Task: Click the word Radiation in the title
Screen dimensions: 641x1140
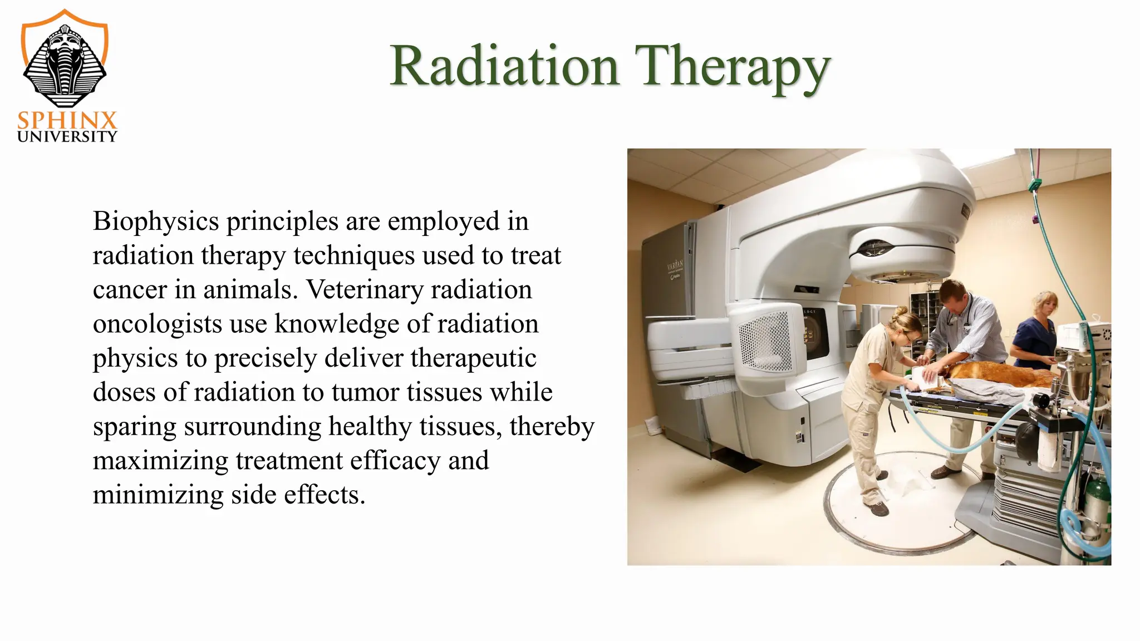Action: (x=504, y=67)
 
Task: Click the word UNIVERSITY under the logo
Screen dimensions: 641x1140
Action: (x=67, y=137)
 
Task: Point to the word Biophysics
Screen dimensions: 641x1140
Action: (x=156, y=221)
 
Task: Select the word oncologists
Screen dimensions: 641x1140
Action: (x=157, y=324)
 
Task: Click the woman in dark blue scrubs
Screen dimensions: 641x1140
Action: (x=1035, y=334)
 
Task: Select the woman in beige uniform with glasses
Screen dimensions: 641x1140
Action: (x=874, y=389)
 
